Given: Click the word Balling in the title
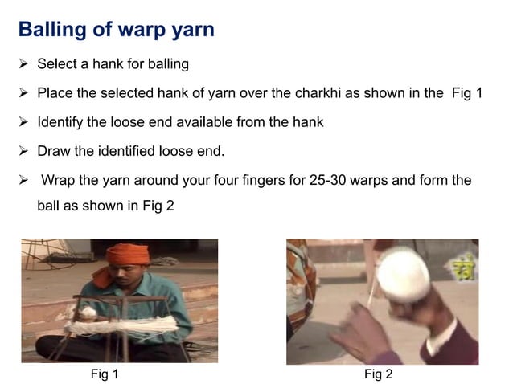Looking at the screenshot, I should [x=51, y=31].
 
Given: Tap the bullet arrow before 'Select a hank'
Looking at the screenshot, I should [x=23, y=63].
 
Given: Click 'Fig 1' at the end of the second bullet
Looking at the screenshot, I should [x=465, y=93].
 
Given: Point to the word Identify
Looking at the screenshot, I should [x=62, y=123].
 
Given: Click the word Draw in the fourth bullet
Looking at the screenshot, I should [x=54, y=151].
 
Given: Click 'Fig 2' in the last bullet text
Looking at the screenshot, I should [x=158, y=206].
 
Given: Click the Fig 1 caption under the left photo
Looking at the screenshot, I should [x=105, y=374].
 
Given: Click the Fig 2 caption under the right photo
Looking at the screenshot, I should [x=378, y=374].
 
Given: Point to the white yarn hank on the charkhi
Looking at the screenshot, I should [x=121, y=326].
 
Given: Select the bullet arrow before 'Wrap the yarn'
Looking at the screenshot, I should [x=23, y=181].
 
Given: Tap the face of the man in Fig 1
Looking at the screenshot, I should [x=125, y=278].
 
